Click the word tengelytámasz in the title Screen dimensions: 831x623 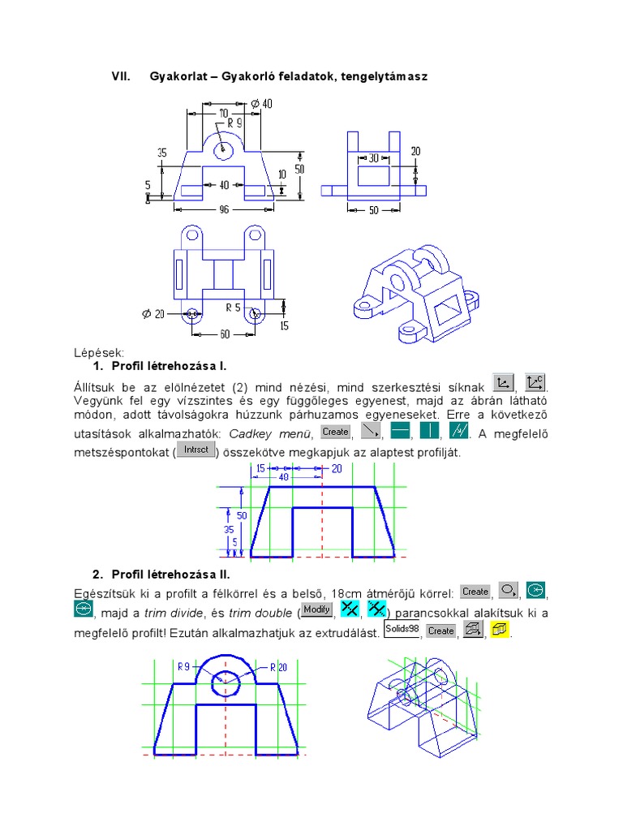(x=386, y=76)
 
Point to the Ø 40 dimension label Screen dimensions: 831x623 (x=261, y=103)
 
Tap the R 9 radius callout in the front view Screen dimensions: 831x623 (x=235, y=123)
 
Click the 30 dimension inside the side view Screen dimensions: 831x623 (x=374, y=158)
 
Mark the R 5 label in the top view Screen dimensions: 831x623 (x=234, y=308)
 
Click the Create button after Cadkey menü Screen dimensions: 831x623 (x=335, y=432)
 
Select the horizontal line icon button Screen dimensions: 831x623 (x=400, y=432)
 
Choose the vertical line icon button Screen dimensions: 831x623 (x=428, y=432)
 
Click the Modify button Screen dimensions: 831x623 (x=316, y=609)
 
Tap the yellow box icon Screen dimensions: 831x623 (x=500, y=630)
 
